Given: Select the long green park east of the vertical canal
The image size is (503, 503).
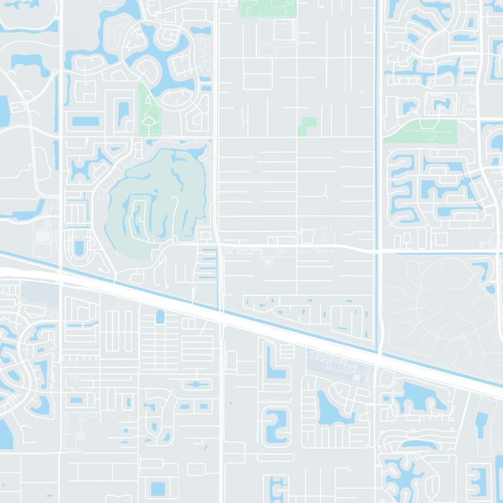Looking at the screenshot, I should pyautogui.click(x=420, y=131).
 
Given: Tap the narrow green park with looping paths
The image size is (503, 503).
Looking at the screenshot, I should pyautogui.click(x=150, y=113).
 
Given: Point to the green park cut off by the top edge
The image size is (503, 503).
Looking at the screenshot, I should pyautogui.click(x=267, y=8).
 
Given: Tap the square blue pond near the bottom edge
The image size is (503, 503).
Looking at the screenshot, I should pyautogui.click(x=158, y=488).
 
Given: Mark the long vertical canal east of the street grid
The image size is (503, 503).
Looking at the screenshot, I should pyautogui.click(x=379, y=157).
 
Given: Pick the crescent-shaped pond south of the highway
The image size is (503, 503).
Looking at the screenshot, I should pyautogui.click(x=327, y=409).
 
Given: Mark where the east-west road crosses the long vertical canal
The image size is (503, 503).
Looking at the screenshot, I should pyautogui.click(x=379, y=251).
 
